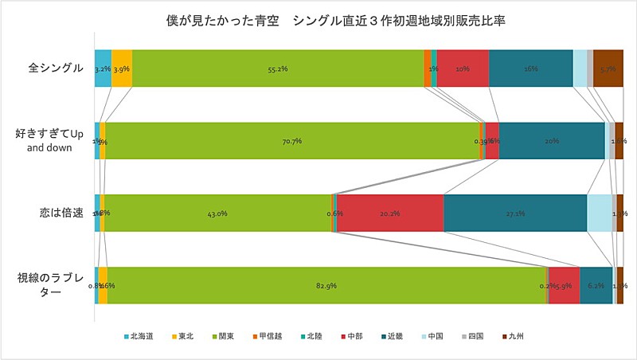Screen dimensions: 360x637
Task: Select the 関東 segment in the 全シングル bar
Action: tap(278, 68)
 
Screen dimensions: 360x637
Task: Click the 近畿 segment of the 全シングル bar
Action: tap(530, 68)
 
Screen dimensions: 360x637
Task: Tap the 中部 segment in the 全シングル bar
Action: tap(463, 68)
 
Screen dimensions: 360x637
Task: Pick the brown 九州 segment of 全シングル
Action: tap(608, 68)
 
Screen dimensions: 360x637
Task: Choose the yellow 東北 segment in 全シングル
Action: tap(122, 68)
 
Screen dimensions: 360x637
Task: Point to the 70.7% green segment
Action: tap(291, 141)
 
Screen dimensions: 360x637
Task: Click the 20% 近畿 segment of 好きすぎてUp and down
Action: tap(551, 141)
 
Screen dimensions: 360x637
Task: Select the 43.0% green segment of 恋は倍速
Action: tap(217, 213)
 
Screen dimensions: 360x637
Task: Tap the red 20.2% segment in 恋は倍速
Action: tap(390, 213)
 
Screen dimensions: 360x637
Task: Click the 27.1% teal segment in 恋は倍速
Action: tap(515, 213)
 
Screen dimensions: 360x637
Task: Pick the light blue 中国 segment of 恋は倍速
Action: tap(600, 213)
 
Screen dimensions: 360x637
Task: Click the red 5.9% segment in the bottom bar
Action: tap(564, 285)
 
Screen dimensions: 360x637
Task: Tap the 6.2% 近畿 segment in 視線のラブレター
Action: tap(596, 285)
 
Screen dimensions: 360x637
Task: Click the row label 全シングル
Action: tap(56, 68)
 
